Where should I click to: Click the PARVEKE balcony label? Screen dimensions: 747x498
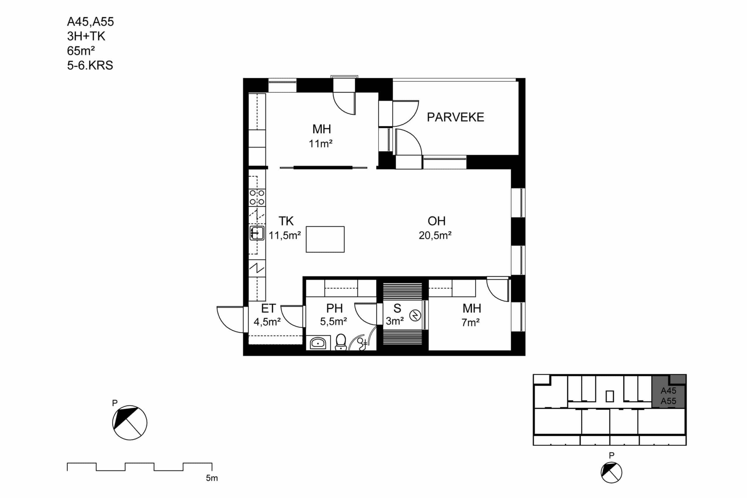coord(455,117)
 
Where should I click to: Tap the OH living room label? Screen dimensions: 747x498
coord(437,221)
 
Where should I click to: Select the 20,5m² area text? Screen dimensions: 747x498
coord(435,235)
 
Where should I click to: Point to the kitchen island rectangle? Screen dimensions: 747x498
coord(325,239)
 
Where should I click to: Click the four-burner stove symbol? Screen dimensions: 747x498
coord(257,197)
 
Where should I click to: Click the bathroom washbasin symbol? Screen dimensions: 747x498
coord(318,343)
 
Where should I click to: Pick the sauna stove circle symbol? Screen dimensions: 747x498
coord(415,315)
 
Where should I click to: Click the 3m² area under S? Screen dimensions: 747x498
coord(395,321)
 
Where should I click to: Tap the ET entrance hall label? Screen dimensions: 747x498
coord(268,308)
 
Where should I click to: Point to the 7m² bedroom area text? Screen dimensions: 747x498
coord(470,323)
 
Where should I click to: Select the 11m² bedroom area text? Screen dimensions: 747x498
coord(320,144)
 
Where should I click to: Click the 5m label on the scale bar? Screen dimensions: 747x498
coord(212,478)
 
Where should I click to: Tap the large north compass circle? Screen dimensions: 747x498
coord(130,423)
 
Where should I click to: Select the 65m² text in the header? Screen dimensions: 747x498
coord(81,51)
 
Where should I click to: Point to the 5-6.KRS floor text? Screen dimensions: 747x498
coord(90,65)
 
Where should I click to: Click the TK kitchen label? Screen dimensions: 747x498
coord(286,221)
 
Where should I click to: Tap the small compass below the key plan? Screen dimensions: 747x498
coord(611,473)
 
